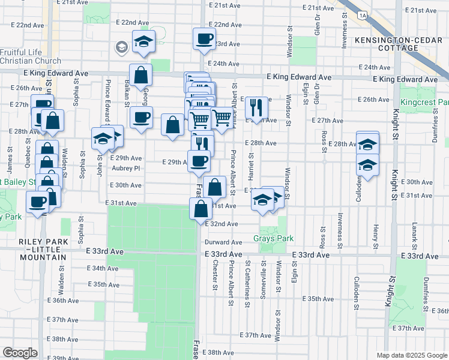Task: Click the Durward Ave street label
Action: point(223,242)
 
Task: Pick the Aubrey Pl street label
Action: point(125,169)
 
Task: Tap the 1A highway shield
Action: point(361,14)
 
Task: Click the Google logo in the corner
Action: point(19,353)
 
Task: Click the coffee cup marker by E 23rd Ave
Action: point(204,39)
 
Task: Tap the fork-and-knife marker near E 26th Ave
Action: point(256,108)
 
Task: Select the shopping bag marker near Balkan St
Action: point(140,76)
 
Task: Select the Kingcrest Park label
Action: point(424,102)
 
